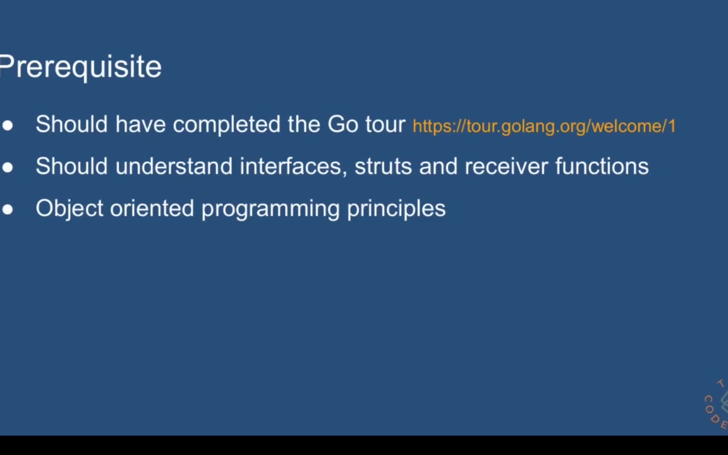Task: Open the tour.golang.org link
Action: (544, 126)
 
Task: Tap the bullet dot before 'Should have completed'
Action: (8, 125)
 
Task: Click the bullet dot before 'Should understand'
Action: (8, 167)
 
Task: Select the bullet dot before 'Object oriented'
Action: (8, 209)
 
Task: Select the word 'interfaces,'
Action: (293, 166)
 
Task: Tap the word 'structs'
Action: (383, 167)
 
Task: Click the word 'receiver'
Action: (506, 167)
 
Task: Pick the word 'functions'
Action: (602, 166)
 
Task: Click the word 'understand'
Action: (174, 166)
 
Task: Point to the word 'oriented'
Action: (152, 208)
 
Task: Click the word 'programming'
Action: (270, 210)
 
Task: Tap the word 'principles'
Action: (396, 210)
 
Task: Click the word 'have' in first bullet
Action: (140, 124)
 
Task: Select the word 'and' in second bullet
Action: (439, 166)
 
